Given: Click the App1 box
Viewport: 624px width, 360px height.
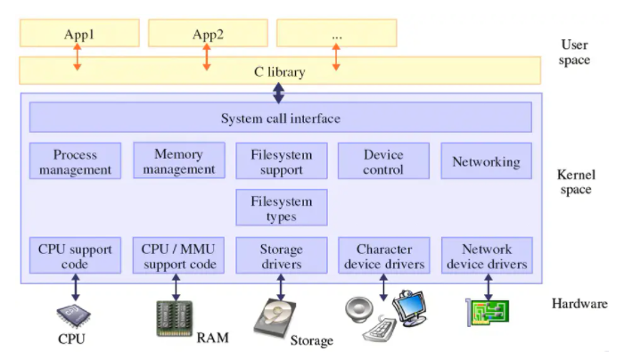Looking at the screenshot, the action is (x=79, y=33).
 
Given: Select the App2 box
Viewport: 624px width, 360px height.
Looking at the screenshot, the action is (x=208, y=33).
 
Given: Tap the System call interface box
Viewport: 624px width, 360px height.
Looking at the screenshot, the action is (x=281, y=118).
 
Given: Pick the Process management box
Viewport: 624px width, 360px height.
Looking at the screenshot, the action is (x=75, y=160).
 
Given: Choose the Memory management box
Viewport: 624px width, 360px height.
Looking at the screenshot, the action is (x=179, y=160).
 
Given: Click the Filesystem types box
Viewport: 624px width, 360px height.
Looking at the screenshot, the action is (x=282, y=208).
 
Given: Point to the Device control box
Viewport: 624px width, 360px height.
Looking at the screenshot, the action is (x=383, y=160).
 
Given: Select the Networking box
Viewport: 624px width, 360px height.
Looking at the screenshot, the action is (x=487, y=160).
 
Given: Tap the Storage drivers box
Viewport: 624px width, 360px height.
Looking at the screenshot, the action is (x=282, y=256).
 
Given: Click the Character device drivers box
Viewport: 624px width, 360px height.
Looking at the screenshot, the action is (x=384, y=256).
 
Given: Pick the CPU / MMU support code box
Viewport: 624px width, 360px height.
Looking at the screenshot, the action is (x=178, y=256).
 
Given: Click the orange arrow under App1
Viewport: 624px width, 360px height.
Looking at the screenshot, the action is (x=78, y=57).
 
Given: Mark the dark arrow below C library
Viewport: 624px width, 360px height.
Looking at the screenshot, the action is (x=278, y=93).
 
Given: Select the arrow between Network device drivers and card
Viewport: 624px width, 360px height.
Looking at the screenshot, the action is (x=489, y=287).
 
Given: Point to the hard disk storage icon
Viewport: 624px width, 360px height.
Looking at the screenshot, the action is (x=275, y=317).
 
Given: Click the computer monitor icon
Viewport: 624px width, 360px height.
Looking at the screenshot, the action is (x=410, y=308).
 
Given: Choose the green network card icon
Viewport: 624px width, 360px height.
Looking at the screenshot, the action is (x=488, y=313).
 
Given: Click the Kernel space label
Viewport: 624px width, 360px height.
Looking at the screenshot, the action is (x=576, y=182).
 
